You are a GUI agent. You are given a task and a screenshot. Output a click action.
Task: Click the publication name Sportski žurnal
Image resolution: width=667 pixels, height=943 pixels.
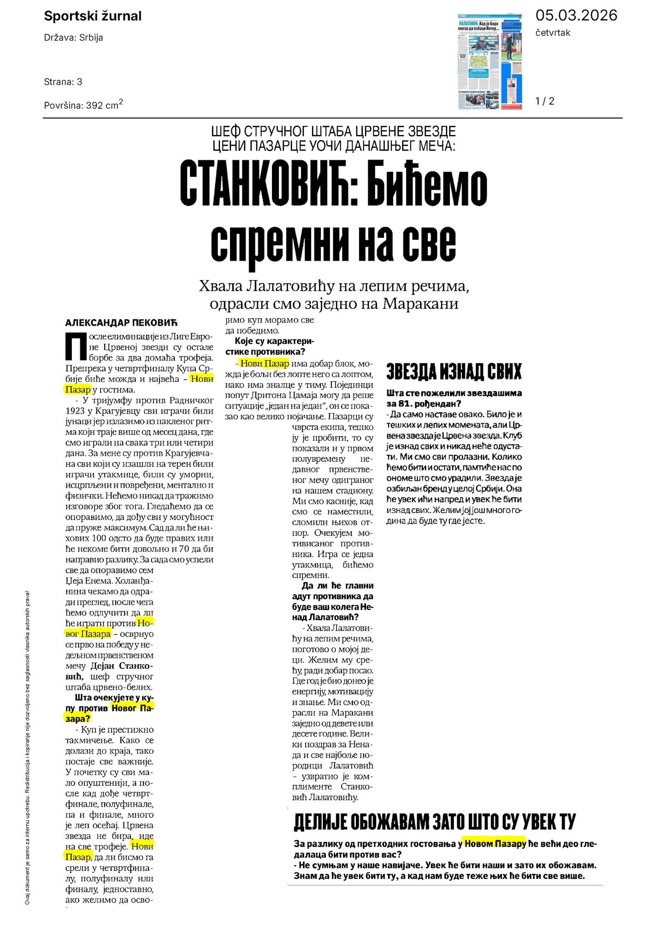point(93,17)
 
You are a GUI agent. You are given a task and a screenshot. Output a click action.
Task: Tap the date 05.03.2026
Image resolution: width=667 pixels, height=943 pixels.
point(576,16)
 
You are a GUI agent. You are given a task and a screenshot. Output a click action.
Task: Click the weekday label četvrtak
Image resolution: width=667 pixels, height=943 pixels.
point(553,33)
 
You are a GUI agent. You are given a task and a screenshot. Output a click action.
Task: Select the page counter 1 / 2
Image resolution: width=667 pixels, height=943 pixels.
point(545,101)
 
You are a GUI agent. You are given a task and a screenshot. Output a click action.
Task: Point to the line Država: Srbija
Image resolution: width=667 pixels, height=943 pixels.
point(73,38)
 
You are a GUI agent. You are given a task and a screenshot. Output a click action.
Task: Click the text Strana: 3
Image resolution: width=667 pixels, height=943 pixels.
point(63,82)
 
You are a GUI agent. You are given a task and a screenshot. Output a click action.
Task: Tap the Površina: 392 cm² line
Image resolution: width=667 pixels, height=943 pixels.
point(83,105)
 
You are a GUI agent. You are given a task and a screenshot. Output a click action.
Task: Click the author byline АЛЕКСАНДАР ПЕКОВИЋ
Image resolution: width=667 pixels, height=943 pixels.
point(121,322)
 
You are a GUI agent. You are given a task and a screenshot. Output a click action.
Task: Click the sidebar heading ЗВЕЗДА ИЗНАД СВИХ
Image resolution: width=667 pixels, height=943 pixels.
point(454,371)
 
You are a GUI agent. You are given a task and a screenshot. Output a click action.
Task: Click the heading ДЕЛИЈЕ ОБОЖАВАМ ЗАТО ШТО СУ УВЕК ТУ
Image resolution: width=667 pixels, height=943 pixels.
point(435,821)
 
